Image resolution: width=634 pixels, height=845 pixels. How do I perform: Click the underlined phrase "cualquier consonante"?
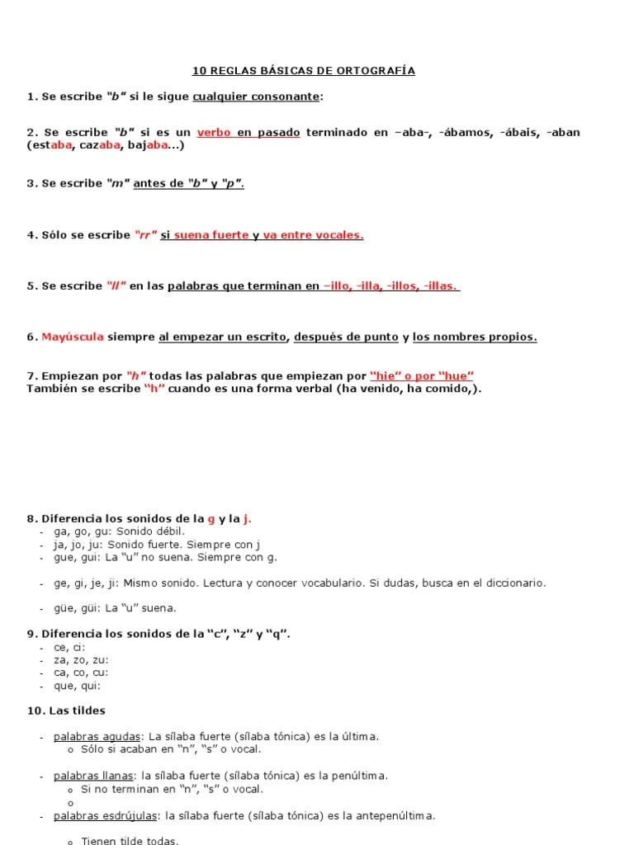pyautogui.click(x=256, y=97)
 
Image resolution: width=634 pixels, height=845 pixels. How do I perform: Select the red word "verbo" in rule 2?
pyautogui.click(x=214, y=133)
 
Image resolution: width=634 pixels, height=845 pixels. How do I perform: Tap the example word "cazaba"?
pyautogui.click(x=102, y=146)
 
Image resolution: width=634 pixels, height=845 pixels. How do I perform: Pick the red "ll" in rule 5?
pyautogui.click(x=116, y=286)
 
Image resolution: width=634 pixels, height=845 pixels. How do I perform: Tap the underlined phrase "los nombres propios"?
pyautogui.click(x=475, y=337)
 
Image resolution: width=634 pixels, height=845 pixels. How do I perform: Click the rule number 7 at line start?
pyautogui.click(x=31, y=376)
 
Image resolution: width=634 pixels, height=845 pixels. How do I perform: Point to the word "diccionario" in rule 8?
pyautogui.click(x=512, y=583)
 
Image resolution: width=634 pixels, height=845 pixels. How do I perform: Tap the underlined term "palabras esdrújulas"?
pyautogui.click(x=105, y=815)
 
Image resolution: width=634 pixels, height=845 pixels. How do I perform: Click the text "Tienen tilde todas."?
pyautogui.click(x=130, y=840)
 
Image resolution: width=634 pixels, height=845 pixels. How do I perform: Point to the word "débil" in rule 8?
pyautogui.click(x=166, y=531)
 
